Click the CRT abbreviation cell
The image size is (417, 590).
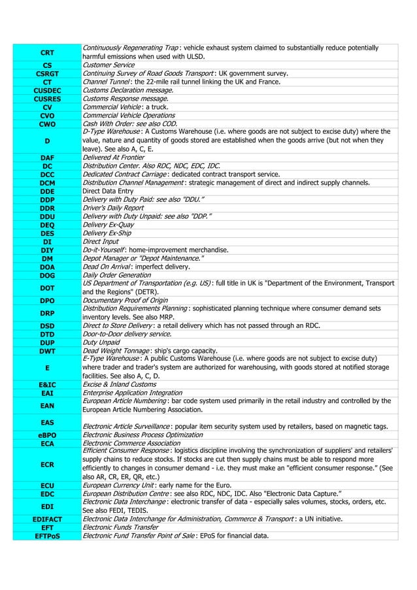[47, 52]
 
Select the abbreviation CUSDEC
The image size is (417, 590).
[47, 90]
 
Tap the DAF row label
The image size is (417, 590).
[47, 157]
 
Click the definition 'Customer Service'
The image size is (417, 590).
[108, 65]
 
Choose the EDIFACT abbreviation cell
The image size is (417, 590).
[47, 519]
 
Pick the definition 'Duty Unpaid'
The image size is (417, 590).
[101, 342]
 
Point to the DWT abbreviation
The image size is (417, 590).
[47, 350]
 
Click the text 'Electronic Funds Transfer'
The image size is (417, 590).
[120, 527]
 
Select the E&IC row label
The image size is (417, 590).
[47, 385]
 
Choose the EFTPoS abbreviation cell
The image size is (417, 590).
[47, 535]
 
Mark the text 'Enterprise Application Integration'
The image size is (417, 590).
[132, 393]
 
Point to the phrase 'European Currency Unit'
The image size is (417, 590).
[118, 485]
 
